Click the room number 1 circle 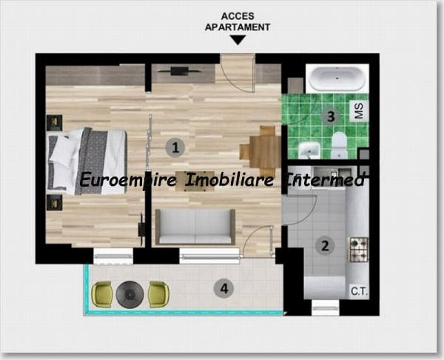175,147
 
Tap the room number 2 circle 325,246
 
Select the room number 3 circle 331,116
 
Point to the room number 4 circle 224,289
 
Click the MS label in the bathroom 359,111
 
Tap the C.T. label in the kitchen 360,291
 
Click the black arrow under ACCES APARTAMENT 238,40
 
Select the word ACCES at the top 238,16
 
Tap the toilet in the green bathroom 339,145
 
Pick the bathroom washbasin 309,150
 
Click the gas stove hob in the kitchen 359,250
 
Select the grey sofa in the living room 195,227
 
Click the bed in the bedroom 87,161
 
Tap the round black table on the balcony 130,295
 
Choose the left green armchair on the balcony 101,294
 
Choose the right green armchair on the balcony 159,294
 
